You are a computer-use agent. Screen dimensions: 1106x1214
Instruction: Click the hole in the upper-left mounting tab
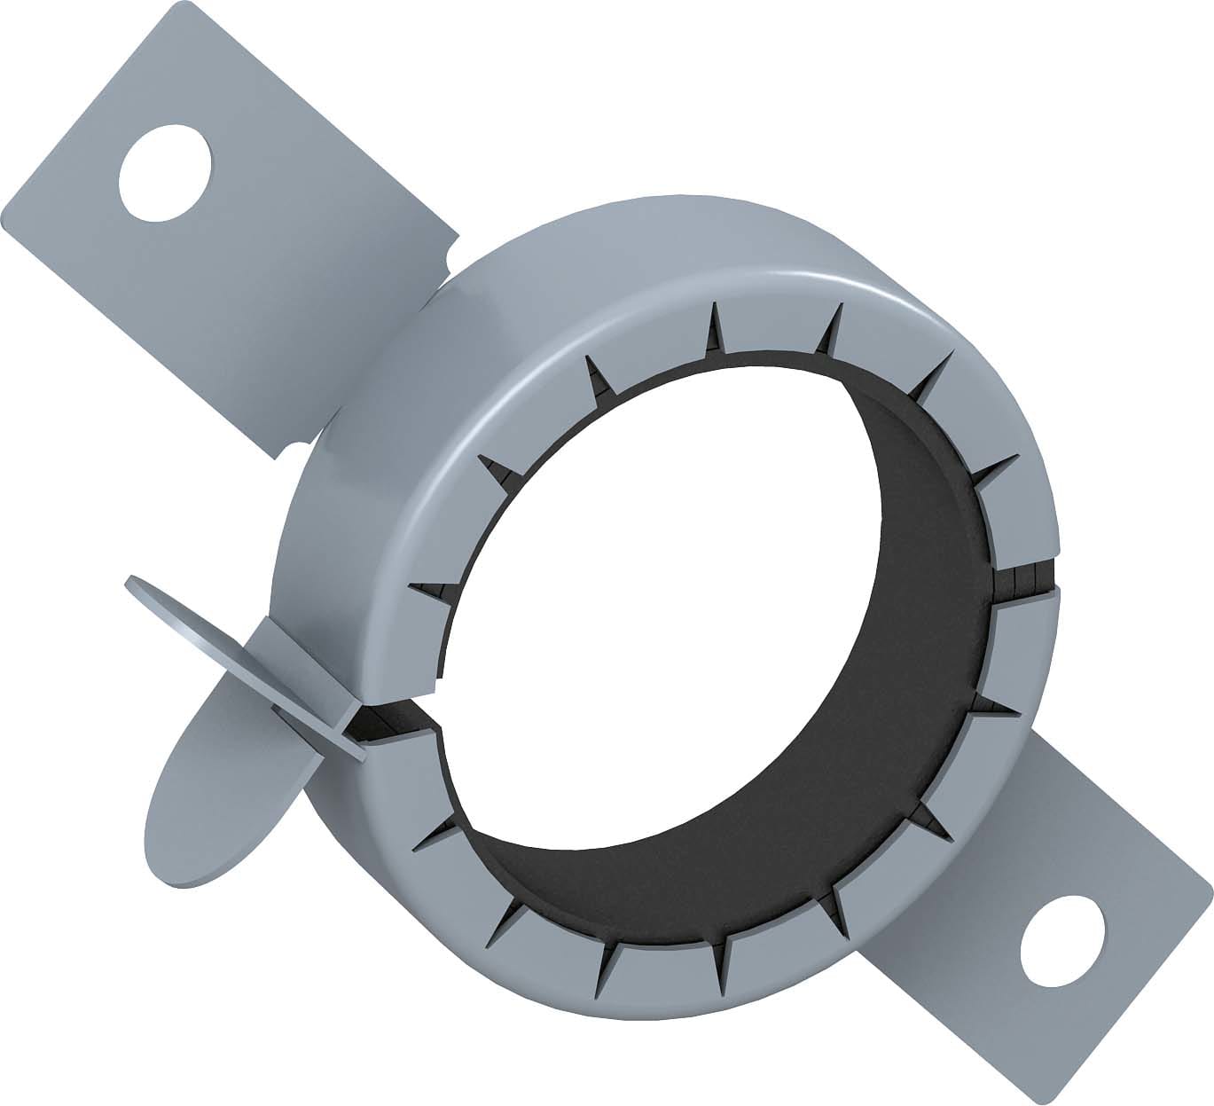pos(166,171)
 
